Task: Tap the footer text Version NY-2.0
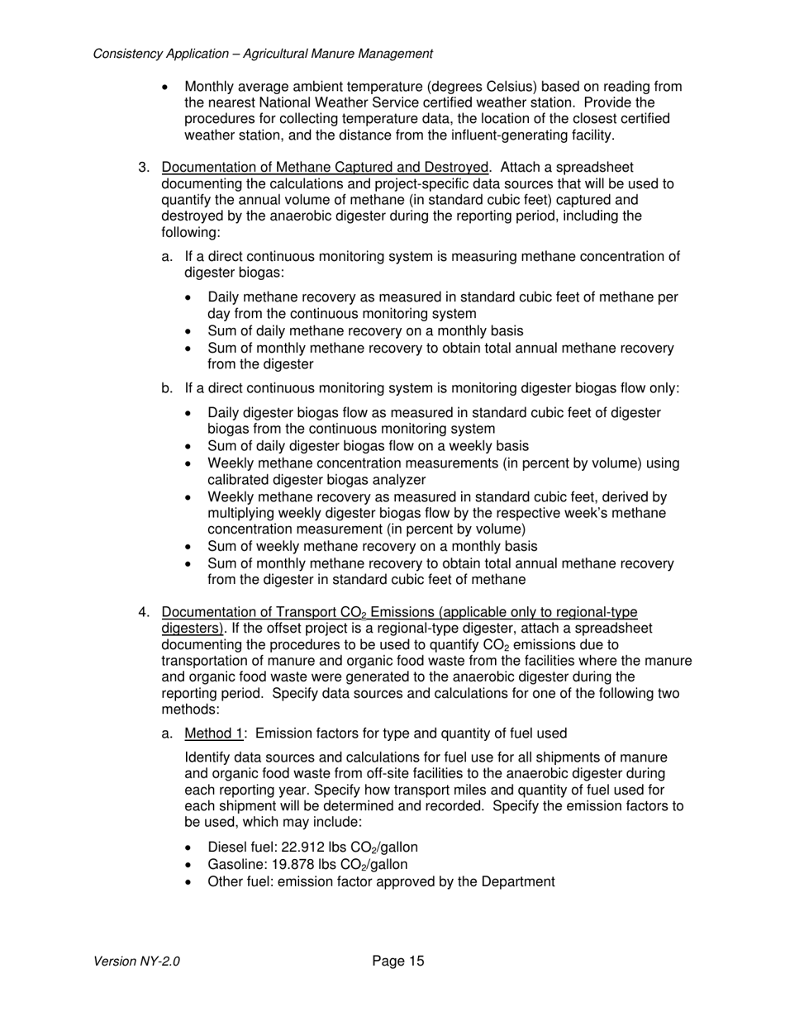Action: (137, 961)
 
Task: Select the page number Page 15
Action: (398, 961)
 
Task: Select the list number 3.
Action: (144, 168)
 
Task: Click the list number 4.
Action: (144, 612)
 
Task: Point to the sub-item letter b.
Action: (167, 388)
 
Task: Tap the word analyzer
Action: (399, 480)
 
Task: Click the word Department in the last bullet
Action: (517, 881)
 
